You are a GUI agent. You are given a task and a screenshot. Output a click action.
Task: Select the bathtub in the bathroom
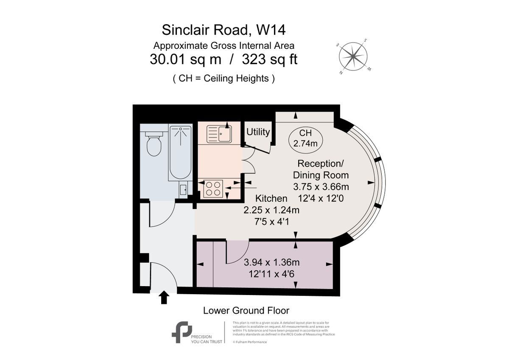tap(181, 153)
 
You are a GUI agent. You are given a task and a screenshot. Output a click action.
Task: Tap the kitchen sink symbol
tap(219, 133)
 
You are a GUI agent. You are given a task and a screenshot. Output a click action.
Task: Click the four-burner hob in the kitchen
tap(213, 188)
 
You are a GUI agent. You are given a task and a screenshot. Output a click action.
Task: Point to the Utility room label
tap(258, 132)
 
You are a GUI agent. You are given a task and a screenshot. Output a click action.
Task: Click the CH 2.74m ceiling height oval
tap(305, 139)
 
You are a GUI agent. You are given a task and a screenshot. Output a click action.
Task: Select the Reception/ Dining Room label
tap(323, 169)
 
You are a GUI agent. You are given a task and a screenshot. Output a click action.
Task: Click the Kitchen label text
tap(271, 198)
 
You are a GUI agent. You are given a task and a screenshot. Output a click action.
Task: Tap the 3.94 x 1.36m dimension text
tap(272, 262)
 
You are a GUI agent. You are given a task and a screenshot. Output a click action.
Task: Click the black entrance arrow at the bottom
tap(164, 298)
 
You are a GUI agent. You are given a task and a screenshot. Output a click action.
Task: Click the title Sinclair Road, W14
tap(224, 30)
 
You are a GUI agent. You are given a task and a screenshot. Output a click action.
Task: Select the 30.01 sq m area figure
tap(185, 59)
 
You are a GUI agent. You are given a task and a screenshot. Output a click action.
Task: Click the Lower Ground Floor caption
tap(246, 310)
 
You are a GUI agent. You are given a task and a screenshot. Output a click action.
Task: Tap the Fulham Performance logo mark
tap(182, 332)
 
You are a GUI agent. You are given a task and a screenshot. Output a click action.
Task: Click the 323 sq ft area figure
tap(269, 59)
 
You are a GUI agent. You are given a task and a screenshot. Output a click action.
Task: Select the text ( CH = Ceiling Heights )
tap(224, 79)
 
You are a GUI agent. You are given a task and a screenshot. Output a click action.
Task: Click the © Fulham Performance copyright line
tap(250, 342)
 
